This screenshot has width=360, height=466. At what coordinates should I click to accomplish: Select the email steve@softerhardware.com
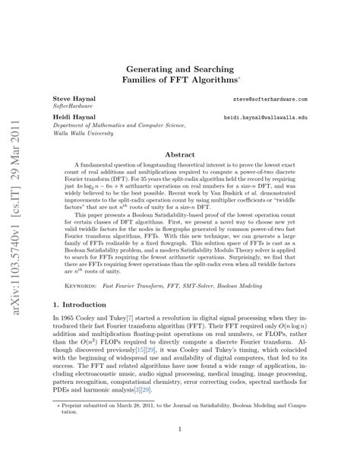(x=270, y=100)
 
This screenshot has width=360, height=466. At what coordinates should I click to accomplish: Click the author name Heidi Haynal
(x=71, y=118)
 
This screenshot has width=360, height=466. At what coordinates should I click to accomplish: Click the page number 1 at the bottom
(x=180, y=450)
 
